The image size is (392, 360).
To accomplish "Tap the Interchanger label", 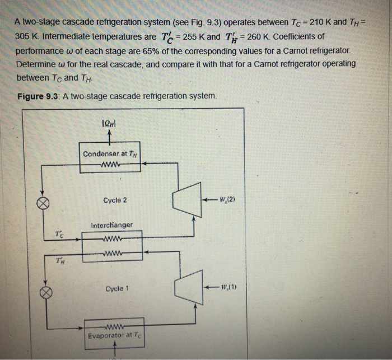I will (111, 225).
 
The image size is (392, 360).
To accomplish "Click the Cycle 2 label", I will (116, 200).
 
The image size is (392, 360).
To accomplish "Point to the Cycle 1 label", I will (116, 289).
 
